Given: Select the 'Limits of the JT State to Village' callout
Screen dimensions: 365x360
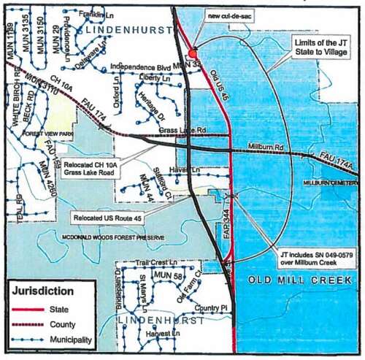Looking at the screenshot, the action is tap(321, 49).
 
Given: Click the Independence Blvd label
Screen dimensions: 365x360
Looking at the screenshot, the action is tap(140, 68).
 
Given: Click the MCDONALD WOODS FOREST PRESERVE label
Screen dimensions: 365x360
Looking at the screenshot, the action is tap(113, 237).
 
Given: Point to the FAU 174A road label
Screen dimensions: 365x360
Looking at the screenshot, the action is tap(335, 158).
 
